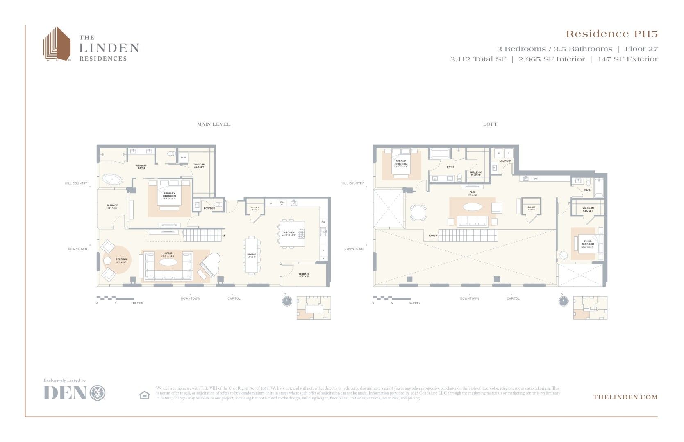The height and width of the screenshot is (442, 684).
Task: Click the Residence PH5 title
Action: (611, 34)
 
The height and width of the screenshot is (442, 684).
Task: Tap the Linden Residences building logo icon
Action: (57, 44)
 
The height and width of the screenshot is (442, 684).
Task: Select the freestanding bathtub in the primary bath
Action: (112, 179)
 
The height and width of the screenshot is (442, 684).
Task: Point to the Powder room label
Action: (209, 208)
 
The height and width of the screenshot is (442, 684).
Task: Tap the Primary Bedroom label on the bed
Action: (169, 194)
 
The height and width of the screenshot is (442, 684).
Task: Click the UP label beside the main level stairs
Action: (224, 235)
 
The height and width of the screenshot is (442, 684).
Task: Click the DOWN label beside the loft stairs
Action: (433, 235)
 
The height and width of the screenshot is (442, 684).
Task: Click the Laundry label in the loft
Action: (505, 161)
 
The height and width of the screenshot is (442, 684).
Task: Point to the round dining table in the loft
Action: (418, 212)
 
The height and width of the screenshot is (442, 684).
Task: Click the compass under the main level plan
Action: (287, 301)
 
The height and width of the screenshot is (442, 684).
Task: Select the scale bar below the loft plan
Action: (392, 298)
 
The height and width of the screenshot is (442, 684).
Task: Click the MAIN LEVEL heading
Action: (214, 124)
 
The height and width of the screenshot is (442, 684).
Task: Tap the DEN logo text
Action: (65, 393)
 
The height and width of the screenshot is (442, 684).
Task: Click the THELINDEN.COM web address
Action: (625, 397)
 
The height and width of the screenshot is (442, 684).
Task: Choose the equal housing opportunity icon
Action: (145, 395)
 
